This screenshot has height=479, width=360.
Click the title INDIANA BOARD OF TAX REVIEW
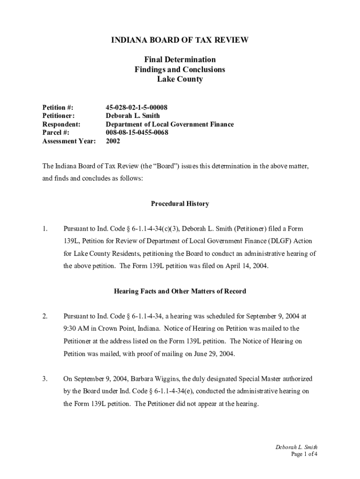pos(180,40)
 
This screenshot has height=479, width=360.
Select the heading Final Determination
pos(180,60)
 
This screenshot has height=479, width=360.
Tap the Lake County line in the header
pos(180,80)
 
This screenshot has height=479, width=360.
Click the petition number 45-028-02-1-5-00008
pos(137,108)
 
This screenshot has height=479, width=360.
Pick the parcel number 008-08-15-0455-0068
pos(137,133)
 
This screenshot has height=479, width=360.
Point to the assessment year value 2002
pos(113,141)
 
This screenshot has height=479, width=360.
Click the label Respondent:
pos(61,124)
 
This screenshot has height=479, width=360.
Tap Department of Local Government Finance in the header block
pos(170,124)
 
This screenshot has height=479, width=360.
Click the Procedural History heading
pos(180,204)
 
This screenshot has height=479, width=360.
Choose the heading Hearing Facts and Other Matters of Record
pos(180,291)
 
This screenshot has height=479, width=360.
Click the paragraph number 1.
pos(45,229)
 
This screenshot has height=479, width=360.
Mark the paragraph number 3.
pos(45,379)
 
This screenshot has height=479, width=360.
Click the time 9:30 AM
pos(77,328)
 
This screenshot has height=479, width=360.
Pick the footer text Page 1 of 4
pos(304,454)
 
